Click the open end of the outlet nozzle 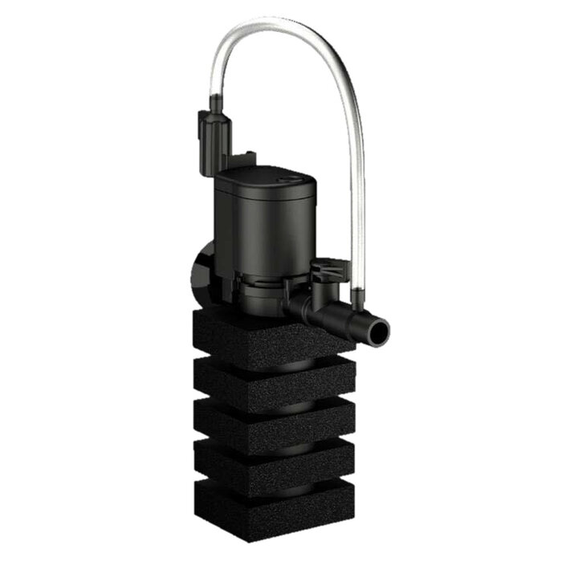click(376, 328)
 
